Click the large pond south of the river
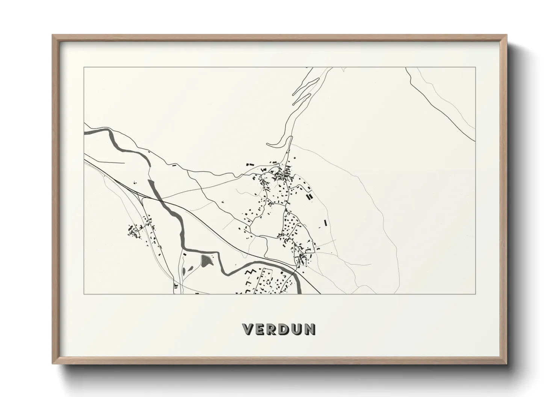pos(205,260)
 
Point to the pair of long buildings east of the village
pos(309,197)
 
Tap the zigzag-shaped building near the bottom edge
pos(251,273)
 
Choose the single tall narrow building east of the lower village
pos(325,223)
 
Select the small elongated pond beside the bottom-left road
pos(184,271)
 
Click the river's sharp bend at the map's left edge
pos(109,132)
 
